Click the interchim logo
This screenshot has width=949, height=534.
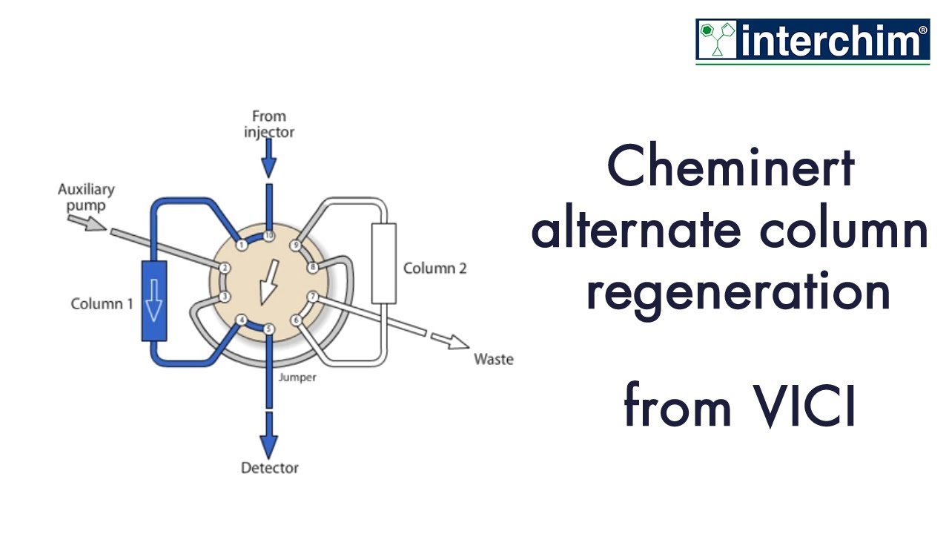[813, 41]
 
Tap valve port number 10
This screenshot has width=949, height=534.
[268, 236]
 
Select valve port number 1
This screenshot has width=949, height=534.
[241, 245]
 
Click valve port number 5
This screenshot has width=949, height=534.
[268, 329]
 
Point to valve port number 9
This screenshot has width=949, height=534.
[296, 245]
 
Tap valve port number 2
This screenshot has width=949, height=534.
[224, 268]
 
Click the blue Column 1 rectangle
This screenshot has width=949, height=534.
[153, 301]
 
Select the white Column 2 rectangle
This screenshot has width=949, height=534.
[383, 264]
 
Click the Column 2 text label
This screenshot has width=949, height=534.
[434, 268]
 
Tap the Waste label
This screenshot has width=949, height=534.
[493, 360]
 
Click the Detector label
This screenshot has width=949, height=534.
[269, 468]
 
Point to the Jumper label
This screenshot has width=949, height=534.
[297, 378]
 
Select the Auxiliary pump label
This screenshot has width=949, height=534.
[86, 197]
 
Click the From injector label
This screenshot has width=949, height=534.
[268, 124]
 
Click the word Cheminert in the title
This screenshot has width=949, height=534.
[731, 168]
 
